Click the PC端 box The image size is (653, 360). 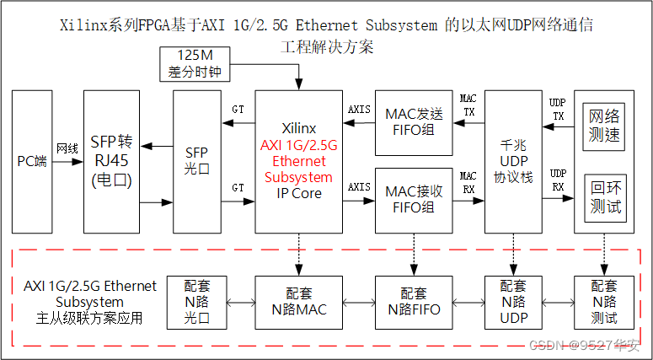(x=32, y=161)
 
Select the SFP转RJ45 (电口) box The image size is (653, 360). (x=111, y=161)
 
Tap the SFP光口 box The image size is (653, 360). (x=195, y=161)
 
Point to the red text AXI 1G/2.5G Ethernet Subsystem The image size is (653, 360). (x=298, y=161)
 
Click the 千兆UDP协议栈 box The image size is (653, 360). (x=513, y=161)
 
